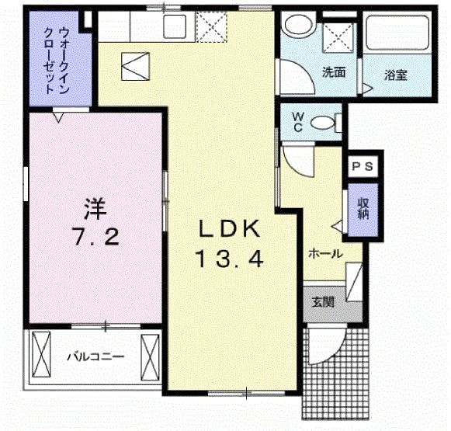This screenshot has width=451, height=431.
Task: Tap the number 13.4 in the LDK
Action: [229, 259]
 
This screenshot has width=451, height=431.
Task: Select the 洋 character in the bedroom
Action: [95, 207]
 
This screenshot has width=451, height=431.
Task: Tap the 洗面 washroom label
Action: [335, 74]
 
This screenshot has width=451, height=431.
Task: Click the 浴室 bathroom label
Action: [395, 75]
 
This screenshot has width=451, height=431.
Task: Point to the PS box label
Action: [363, 166]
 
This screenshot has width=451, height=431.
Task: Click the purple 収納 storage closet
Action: [363, 207]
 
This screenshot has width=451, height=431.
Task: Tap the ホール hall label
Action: [325, 253]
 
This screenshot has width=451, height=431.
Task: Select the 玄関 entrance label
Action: [324, 301]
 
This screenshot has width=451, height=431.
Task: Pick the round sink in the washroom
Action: [295, 26]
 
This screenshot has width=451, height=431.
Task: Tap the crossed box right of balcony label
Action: [151, 356]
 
